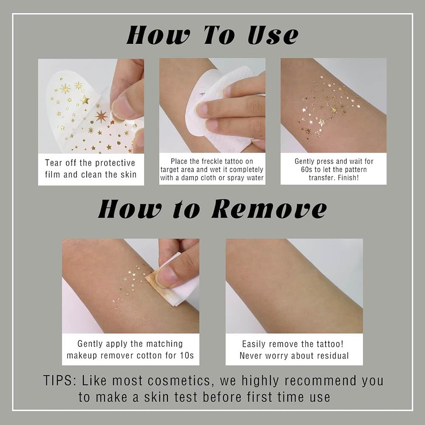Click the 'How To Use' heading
click(x=212, y=35)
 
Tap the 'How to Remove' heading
click(x=212, y=210)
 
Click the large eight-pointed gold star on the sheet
click(x=101, y=116)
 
